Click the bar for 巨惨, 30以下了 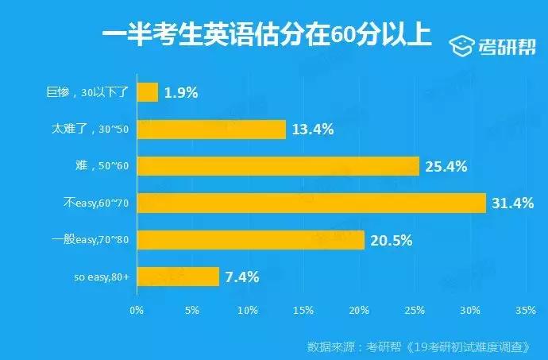tap(148, 91)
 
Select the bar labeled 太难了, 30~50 tap(211, 129)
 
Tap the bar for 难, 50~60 tap(278, 166)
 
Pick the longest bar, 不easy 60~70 tap(311, 203)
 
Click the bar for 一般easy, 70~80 tap(251, 239)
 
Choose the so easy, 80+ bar tap(178, 277)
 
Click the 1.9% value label tap(181, 91)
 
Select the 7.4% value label tap(242, 277)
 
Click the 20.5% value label tap(392, 239)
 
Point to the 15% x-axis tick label tap(303, 309)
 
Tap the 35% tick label tap(526, 309)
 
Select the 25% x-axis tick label tap(415, 309)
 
